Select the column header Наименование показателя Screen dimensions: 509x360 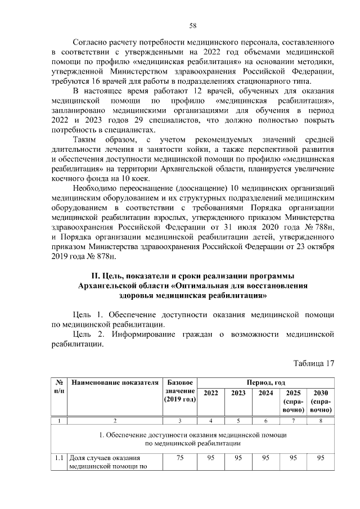(x=115, y=383)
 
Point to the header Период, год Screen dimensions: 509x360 (x=265, y=382)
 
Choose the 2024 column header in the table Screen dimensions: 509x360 (x=265, y=393)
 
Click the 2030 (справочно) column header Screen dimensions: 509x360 (x=321, y=402)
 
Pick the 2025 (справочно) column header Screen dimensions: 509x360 (x=293, y=402)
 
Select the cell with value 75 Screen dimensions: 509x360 (x=180, y=458)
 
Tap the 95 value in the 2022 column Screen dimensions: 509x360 (x=211, y=458)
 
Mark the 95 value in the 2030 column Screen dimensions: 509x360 (x=321, y=458)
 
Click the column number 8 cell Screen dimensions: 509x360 (x=321, y=421)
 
